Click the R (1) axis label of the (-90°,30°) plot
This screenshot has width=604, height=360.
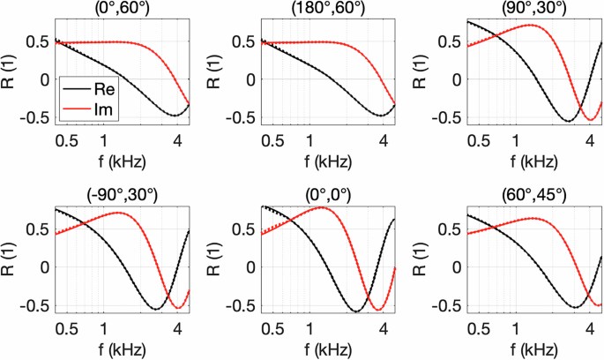tap(11, 257)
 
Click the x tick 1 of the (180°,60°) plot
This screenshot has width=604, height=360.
tap(309, 141)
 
